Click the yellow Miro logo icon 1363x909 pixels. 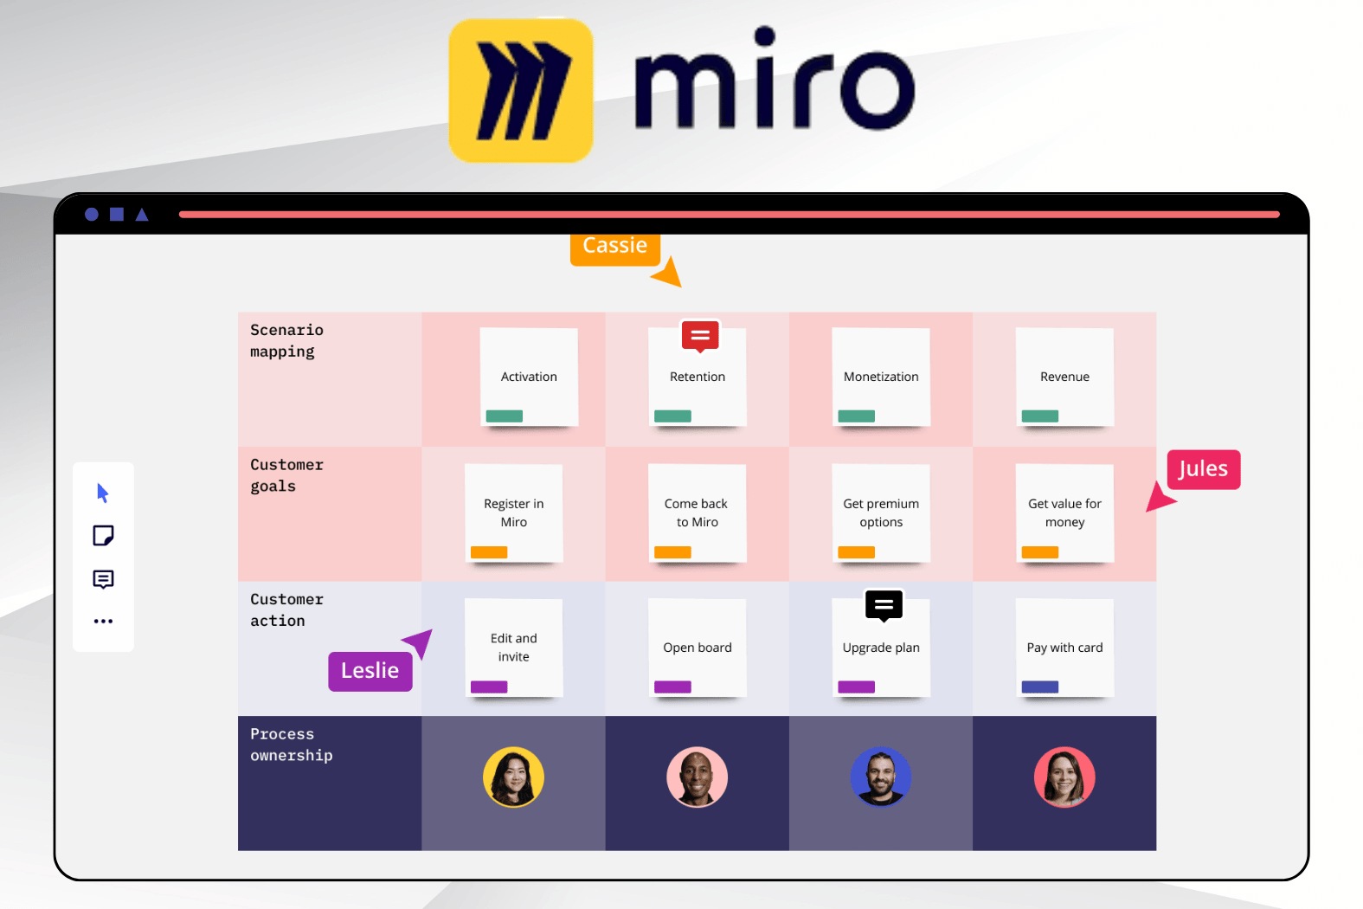click(520, 91)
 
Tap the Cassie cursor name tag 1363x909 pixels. click(614, 247)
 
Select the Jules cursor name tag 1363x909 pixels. click(1203, 469)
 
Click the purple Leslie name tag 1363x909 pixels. click(370, 671)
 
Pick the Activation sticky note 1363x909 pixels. click(529, 377)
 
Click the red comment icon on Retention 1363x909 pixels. click(700, 336)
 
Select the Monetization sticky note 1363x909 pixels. click(881, 377)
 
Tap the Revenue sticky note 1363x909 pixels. click(1064, 377)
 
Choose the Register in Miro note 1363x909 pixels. click(514, 513)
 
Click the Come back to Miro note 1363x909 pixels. click(698, 513)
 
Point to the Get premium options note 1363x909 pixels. click(881, 513)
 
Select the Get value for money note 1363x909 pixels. click(1064, 513)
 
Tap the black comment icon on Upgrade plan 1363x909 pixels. click(884, 605)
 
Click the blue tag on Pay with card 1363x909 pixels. click(1040, 687)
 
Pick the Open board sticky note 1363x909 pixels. click(698, 648)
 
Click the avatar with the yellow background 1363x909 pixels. click(513, 777)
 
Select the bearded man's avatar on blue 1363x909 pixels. click(881, 777)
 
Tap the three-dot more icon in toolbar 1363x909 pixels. click(103, 621)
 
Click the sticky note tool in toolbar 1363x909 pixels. click(103, 536)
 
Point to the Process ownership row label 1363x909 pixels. click(292, 745)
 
